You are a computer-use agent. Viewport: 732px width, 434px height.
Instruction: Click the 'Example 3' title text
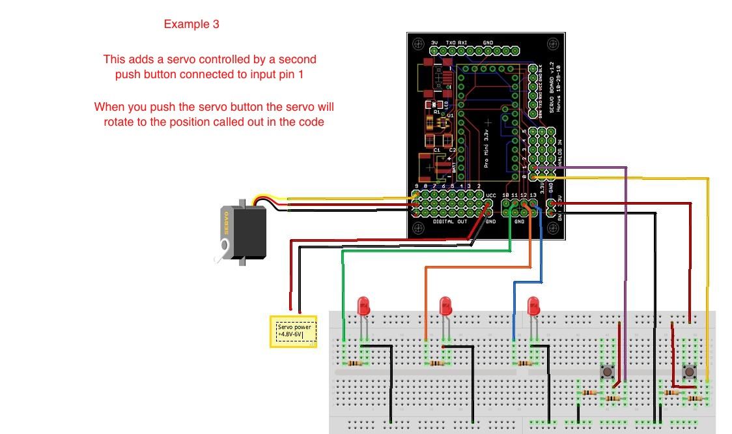click(191, 25)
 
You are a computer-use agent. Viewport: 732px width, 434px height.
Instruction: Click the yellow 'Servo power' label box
click(294, 331)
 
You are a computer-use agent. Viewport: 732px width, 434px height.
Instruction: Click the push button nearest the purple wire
click(608, 372)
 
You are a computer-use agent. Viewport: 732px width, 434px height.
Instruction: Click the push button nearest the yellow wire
click(689, 372)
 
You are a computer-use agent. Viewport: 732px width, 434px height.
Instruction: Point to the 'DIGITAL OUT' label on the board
click(450, 222)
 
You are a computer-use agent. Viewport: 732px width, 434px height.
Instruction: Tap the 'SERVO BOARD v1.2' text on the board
click(551, 91)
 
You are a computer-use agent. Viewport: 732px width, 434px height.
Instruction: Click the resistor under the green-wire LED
click(355, 363)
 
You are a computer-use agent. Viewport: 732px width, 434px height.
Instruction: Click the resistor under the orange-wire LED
click(437, 363)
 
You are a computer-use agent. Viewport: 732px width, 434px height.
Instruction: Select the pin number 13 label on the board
click(533, 194)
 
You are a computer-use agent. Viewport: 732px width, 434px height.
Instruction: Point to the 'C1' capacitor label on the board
click(437, 150)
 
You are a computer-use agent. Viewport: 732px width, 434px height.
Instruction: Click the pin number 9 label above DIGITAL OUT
click(417, 186)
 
